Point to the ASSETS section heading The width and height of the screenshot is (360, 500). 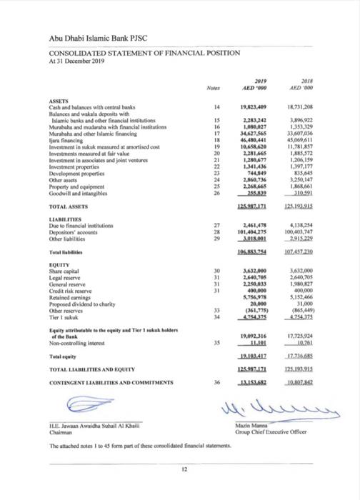[59, 101]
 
